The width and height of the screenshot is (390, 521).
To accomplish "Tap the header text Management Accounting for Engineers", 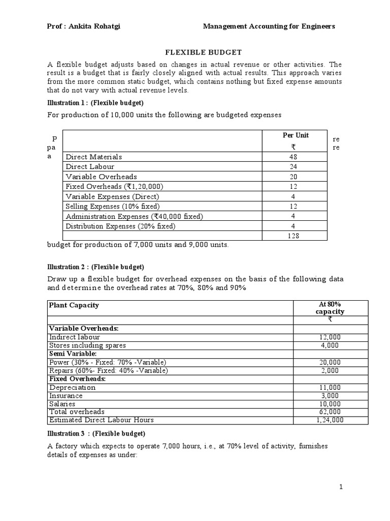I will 269,26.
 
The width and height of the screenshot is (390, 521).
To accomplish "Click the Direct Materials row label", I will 94,157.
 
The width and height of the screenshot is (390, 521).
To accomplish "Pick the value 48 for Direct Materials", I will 293,157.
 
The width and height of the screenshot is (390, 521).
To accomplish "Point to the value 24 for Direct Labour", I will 293,166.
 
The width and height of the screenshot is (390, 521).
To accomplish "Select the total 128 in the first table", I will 293,236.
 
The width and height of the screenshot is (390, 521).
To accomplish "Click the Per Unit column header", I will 295,135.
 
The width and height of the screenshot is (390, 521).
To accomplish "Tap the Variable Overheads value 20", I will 293,177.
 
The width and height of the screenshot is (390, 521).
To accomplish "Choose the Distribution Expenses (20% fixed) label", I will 120,226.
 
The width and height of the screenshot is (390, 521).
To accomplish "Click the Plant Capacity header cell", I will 74,305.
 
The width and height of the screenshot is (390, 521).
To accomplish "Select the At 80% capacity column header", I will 330,308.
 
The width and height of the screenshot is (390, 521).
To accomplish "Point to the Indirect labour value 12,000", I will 330,337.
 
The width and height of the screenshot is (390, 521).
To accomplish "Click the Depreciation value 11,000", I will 330,387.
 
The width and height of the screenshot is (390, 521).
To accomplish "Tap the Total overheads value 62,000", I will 330,412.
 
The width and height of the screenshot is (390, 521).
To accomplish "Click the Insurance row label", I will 66,395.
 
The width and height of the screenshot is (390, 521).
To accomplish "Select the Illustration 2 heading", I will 96,267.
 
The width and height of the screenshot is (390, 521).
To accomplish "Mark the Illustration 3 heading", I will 96,433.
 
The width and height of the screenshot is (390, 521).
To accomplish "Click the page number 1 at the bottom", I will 341,487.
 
